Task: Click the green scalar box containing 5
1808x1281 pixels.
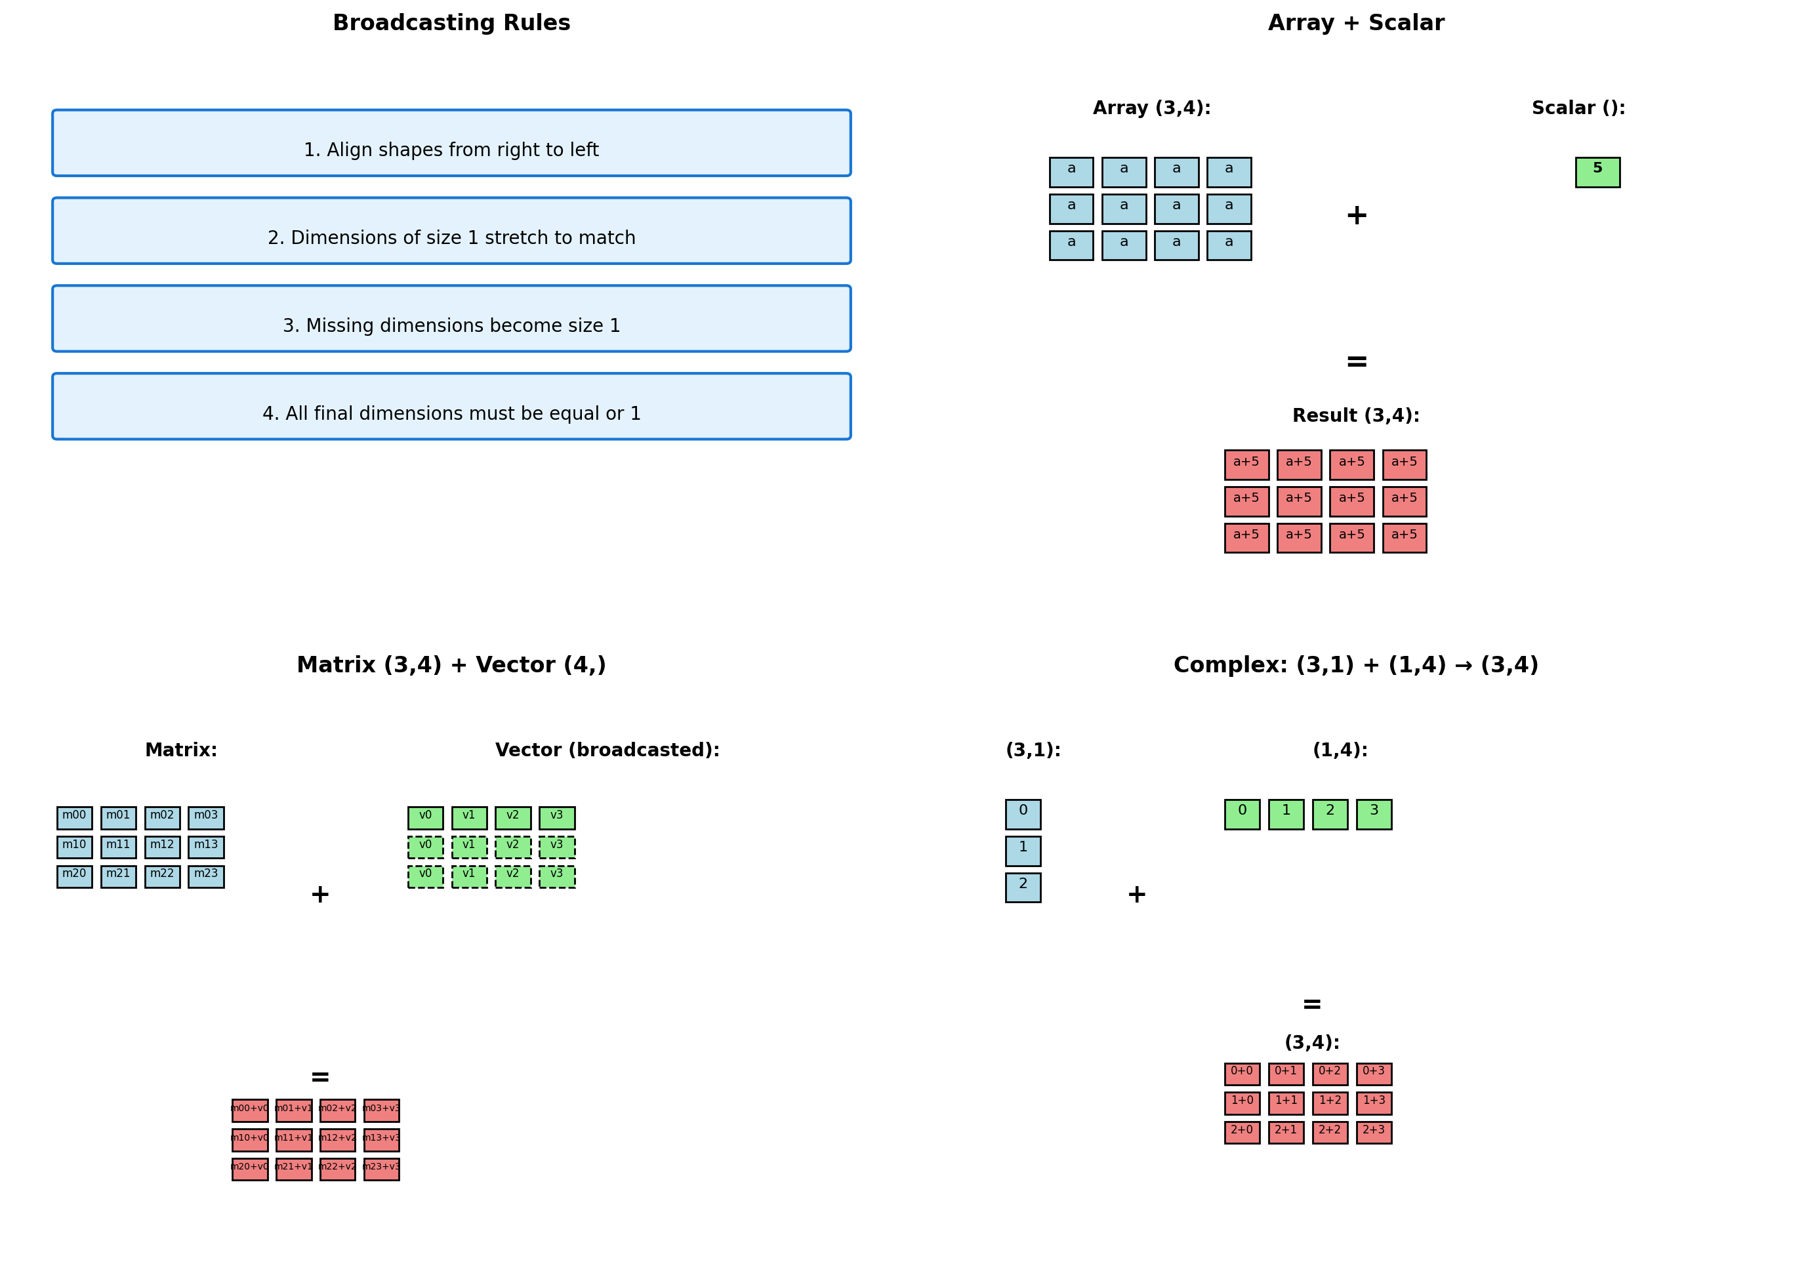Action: [x=1597, y=172]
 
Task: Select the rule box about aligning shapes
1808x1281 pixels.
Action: [x=451, y=143]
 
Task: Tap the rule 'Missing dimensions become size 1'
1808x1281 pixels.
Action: [x=451, y=319]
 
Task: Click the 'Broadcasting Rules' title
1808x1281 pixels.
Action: [x=451, y=23]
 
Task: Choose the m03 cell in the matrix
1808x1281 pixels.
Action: [x=206, y=817]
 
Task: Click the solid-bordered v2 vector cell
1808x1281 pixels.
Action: [x=513, y=817]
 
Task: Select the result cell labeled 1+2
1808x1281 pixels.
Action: [x=1329, y=1103]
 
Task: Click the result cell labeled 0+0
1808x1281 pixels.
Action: [x=1242, y=1074]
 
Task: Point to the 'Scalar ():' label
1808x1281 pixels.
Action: [x=1578, y=108]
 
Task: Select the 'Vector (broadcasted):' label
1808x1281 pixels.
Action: [x=607, y=750]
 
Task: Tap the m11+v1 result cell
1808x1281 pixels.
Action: [x=293, y=1140]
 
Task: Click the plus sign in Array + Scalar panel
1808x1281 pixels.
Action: [x=1356, y=215]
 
